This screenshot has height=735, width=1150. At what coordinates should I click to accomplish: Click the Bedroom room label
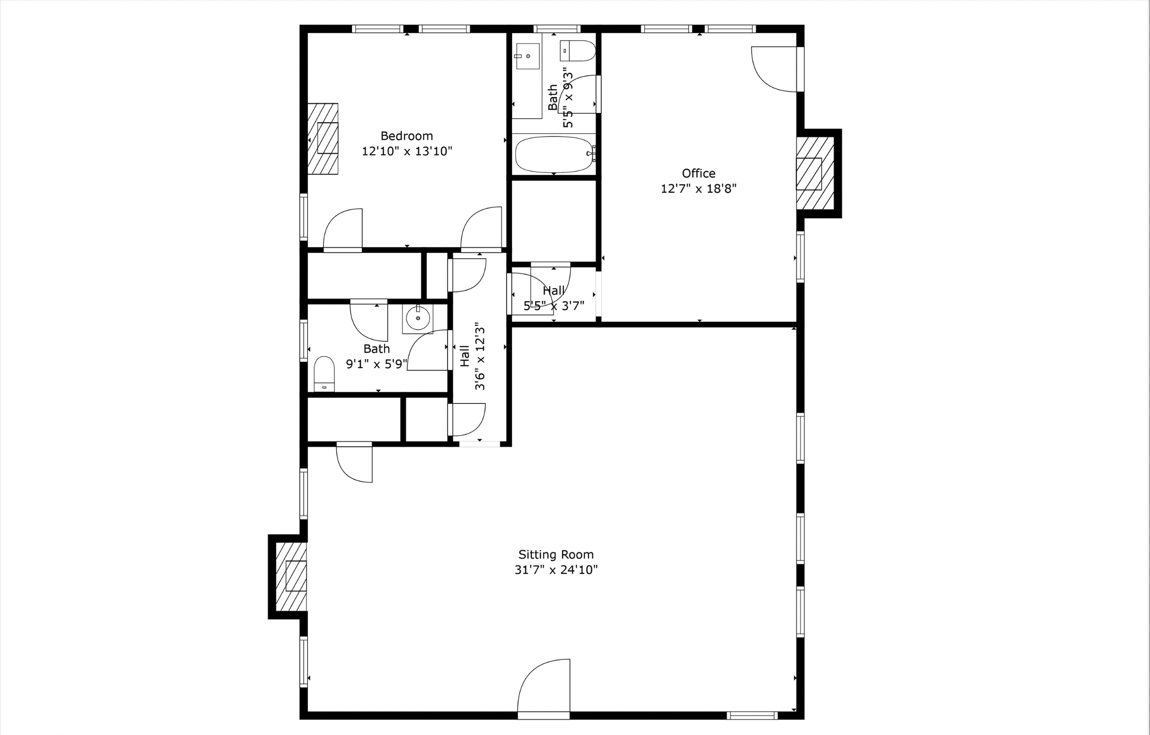tap(407, 136)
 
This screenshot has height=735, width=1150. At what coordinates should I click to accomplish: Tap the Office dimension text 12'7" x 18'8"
tap(698, 188)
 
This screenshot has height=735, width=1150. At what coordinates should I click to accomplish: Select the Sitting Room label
tap(556, 554)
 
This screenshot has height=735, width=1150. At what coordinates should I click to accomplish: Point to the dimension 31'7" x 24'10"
tap(556, 570)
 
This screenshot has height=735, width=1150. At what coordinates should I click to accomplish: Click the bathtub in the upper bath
tap(553, 154)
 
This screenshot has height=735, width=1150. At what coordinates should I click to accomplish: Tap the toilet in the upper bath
tap(578, 51)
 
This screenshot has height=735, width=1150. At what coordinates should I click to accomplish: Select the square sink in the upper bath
tap(527, 56)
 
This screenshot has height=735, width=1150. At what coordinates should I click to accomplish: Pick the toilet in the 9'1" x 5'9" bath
tap(324, 374)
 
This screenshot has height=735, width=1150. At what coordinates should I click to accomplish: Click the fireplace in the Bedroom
tap(323, 139)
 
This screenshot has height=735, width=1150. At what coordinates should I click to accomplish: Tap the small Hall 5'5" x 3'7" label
tap(553, 291)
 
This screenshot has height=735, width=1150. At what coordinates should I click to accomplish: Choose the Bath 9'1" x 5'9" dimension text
tap(376, 364)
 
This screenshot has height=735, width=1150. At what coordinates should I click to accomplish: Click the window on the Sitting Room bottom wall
tap(752, 716)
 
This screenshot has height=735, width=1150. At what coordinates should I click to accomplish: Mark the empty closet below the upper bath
tap(553, 220)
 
